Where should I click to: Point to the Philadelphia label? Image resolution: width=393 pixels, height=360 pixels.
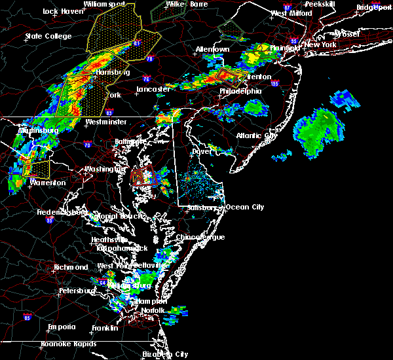click(240, 91)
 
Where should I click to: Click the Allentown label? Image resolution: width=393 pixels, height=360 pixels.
click(212, 50)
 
